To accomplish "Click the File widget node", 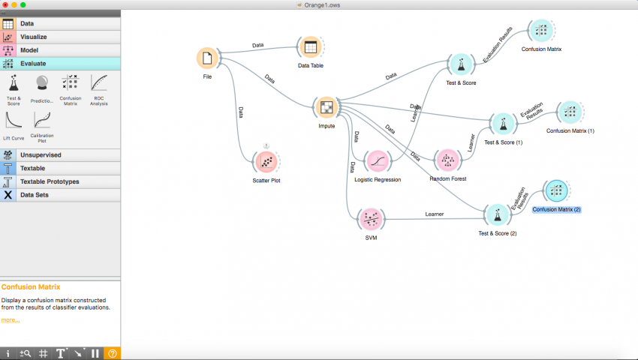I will tap(208, 58).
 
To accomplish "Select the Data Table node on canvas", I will tap(310, 47).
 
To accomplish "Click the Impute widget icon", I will tap(327, 108).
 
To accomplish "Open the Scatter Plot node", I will tap(266, 161).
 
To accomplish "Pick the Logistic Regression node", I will tap(377, 161).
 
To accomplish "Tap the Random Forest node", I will tap(447, 160).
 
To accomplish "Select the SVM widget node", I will tap(369, 219).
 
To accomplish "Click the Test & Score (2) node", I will tap(497, 215).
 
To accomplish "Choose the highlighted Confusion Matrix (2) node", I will tap(556, 191).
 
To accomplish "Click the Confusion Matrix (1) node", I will tap(570, 112).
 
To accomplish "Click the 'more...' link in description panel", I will tap(10, 320).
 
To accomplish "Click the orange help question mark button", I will tap(113, 353).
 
